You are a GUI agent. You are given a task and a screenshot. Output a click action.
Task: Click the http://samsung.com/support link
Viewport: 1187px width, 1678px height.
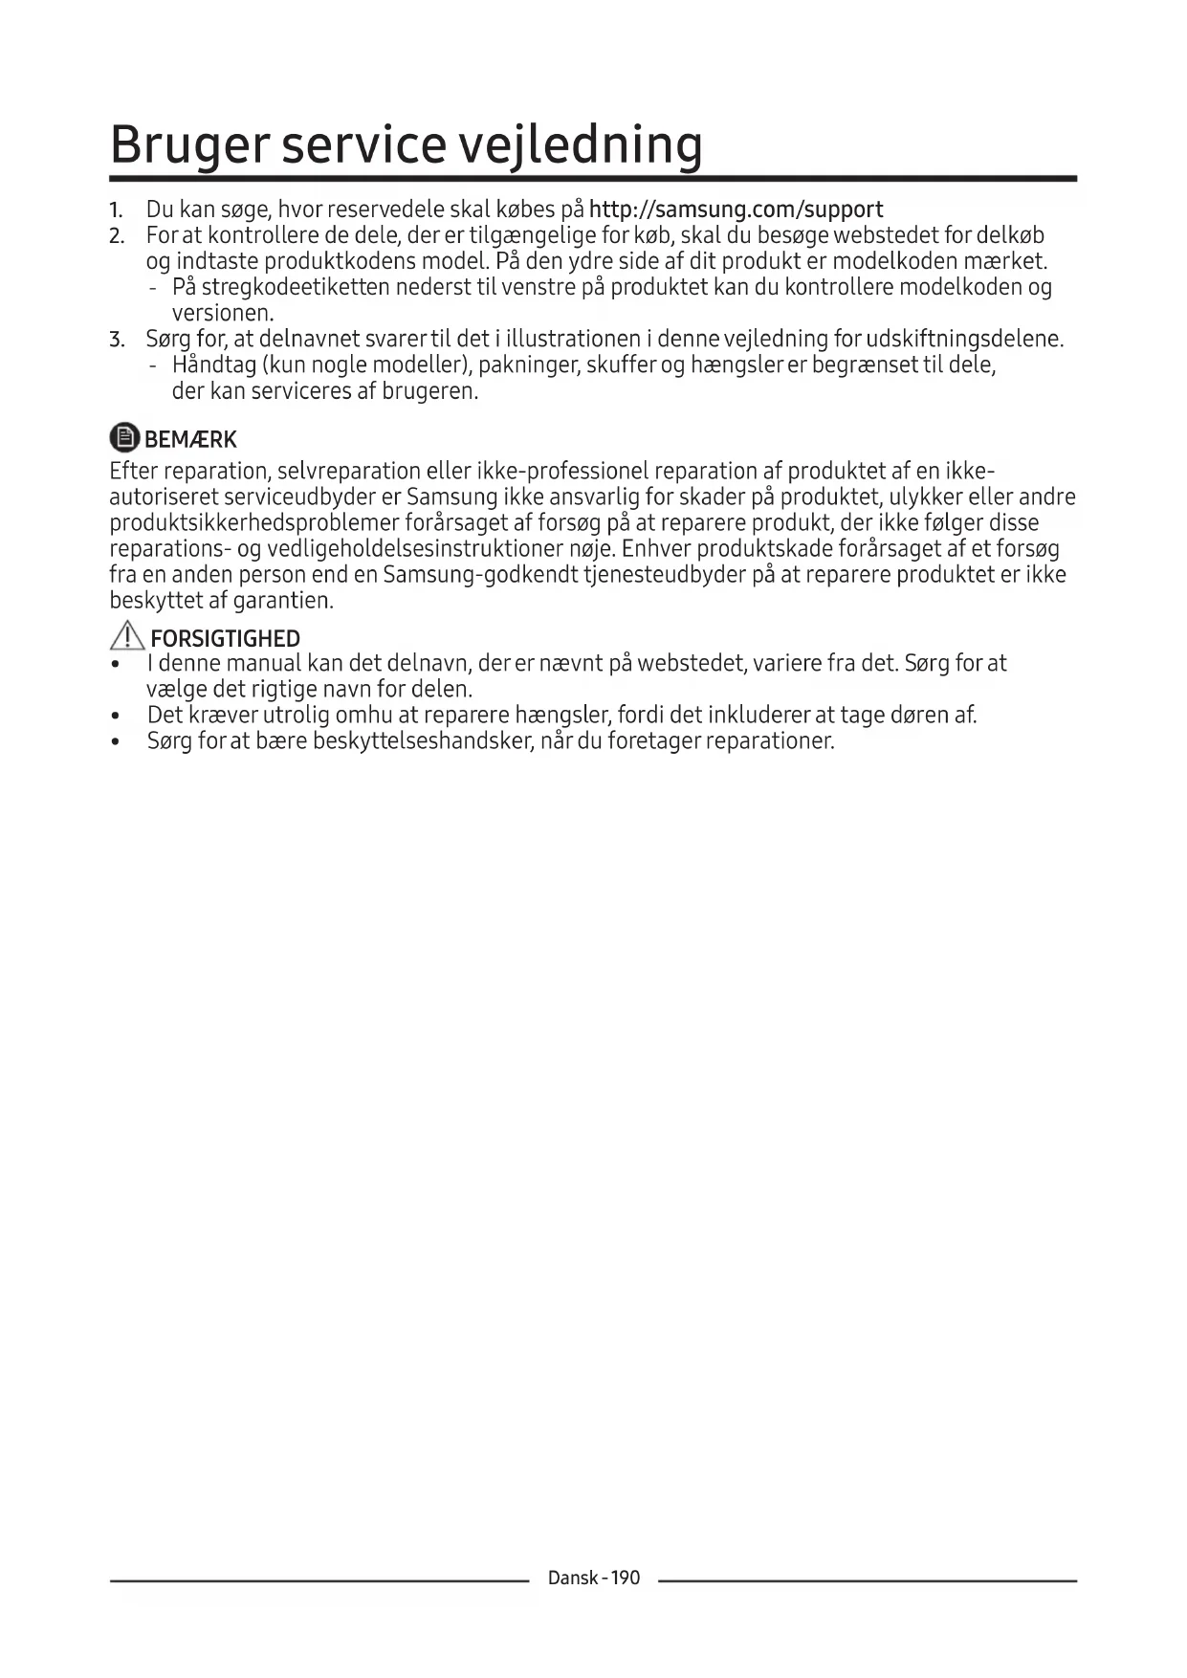736,210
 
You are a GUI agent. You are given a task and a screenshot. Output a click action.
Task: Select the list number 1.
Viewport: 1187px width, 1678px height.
116,210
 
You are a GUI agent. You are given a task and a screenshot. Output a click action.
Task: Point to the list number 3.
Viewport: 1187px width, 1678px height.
116,340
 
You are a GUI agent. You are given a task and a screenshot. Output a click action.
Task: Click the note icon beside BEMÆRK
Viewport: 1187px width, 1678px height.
124,438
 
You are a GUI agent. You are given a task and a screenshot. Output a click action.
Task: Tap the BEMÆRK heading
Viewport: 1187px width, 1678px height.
190,440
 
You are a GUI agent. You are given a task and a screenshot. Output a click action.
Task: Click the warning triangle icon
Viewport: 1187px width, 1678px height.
126,636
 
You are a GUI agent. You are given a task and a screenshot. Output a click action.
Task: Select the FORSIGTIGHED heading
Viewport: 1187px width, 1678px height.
226,638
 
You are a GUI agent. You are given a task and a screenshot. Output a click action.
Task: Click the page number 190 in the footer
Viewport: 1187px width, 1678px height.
625,1579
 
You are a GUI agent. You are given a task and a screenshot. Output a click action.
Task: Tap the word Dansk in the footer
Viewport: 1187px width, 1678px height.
573,1579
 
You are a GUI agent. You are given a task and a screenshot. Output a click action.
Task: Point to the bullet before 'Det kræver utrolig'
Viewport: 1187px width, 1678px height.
116,717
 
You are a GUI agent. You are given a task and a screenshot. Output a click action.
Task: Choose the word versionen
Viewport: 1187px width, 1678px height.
223,314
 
